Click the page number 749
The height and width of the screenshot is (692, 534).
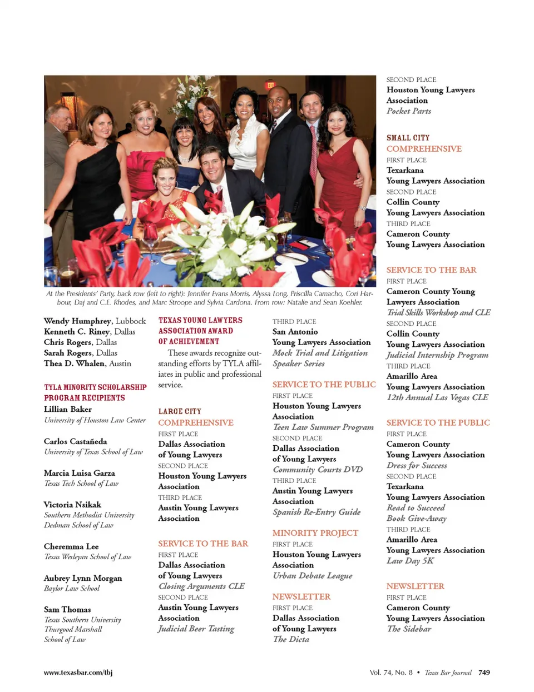click(484, 672)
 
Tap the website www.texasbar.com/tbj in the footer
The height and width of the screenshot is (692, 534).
click(78, 672)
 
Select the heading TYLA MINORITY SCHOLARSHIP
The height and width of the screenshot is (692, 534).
click(95, 387)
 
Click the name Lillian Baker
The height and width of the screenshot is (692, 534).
click(68, 409)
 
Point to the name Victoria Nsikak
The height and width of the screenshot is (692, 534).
click(72, 505)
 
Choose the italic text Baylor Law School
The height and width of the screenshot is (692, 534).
click(72, 588)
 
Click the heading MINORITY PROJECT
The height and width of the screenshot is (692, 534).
click(315, 532)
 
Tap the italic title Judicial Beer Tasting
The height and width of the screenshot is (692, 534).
click(196, 629)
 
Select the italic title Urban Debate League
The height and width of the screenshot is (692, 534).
click(312, 576)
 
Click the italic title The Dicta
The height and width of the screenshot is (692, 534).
click(291, 639)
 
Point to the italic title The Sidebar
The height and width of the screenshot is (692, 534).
click(409, 629)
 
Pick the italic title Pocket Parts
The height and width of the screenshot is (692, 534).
click(409, 111)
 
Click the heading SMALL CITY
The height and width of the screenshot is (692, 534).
click(408, 138)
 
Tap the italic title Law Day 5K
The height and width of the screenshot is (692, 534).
click(410, 561)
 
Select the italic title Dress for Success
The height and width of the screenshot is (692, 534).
click(417, 465)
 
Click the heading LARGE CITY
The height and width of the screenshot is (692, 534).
click(180, 411)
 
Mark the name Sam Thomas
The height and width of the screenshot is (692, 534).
click(67, 609)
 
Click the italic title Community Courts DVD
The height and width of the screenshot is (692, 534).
click(317, 470)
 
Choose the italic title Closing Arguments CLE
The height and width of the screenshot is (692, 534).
click(201, 586)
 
